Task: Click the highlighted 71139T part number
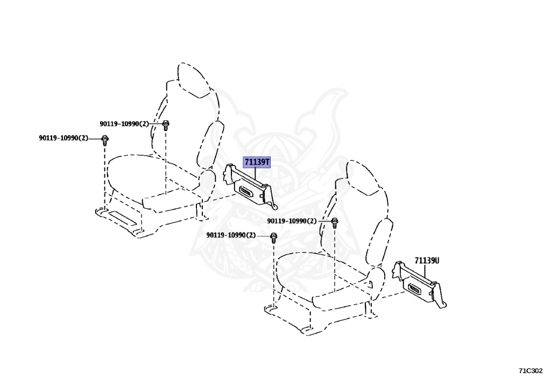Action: (x=257, y=162)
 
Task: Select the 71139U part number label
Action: (x=427, y=261)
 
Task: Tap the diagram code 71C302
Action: (x=531, y=370)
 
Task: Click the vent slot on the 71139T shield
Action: (x=248, y=191)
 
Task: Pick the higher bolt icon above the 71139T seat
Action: (x=166, y=125)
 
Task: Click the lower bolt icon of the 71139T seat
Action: (x=105, y=140)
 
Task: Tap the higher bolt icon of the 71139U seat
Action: (x=334, y=221)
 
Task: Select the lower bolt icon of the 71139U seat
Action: (x=273, y=236)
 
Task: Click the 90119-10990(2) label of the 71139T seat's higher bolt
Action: (x=124, y=124)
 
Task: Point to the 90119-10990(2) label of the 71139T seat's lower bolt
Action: (x=63, y=138)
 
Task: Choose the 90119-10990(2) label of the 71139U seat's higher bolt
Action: (x=292, y=221)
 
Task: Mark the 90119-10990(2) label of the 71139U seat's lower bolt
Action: (x=231, y=235)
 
